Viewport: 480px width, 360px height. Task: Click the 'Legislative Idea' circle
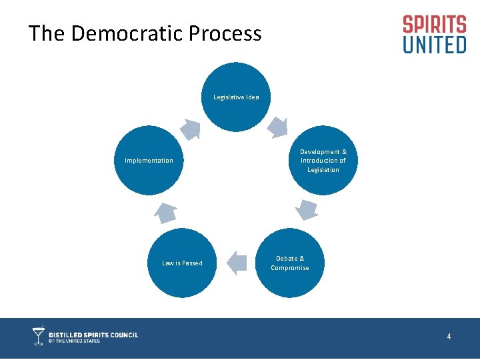tap(236, 97)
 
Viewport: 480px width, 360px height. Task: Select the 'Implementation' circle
tap(149, 160)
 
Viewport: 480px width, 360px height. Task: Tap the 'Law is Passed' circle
tap(182, 263)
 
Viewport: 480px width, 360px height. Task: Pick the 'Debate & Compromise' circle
tap(290, 263)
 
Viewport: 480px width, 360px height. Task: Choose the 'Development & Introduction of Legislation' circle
tap(323, 161)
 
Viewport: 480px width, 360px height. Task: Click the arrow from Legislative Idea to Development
tap(277, 126)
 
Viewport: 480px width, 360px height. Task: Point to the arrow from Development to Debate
tap(307, 209)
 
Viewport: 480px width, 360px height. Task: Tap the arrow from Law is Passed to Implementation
tap(165, 212)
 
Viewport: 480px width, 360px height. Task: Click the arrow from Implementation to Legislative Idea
tap(191, 128)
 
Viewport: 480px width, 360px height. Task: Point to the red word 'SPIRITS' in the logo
tap(434, 25)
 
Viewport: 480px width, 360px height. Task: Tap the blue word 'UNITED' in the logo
tap(434, 45)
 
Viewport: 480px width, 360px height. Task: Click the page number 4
tap(449, 337)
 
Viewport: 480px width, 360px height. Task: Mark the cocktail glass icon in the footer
tap(39, 336)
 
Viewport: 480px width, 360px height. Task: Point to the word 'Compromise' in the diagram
tap(290, 268)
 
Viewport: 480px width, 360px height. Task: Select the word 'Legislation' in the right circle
tap(323, 170)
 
